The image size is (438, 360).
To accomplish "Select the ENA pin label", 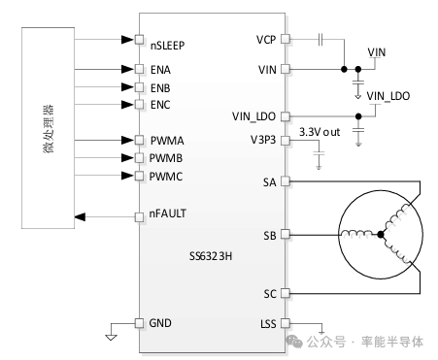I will coord(161,70).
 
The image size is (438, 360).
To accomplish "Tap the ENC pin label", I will coord(161,104).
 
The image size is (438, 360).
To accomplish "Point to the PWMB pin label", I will coord(167,157).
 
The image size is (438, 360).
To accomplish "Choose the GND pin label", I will coord(161,322).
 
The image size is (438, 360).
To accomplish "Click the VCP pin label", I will coord(267,40).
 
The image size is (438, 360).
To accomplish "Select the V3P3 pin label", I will coord(264,139).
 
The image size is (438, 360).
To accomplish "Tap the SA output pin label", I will coord(270,181).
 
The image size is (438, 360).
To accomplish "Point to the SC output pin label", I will coord(270,292).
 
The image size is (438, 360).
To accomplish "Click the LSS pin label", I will coord(269,323).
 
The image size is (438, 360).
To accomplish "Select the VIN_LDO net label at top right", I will coord(388,96).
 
